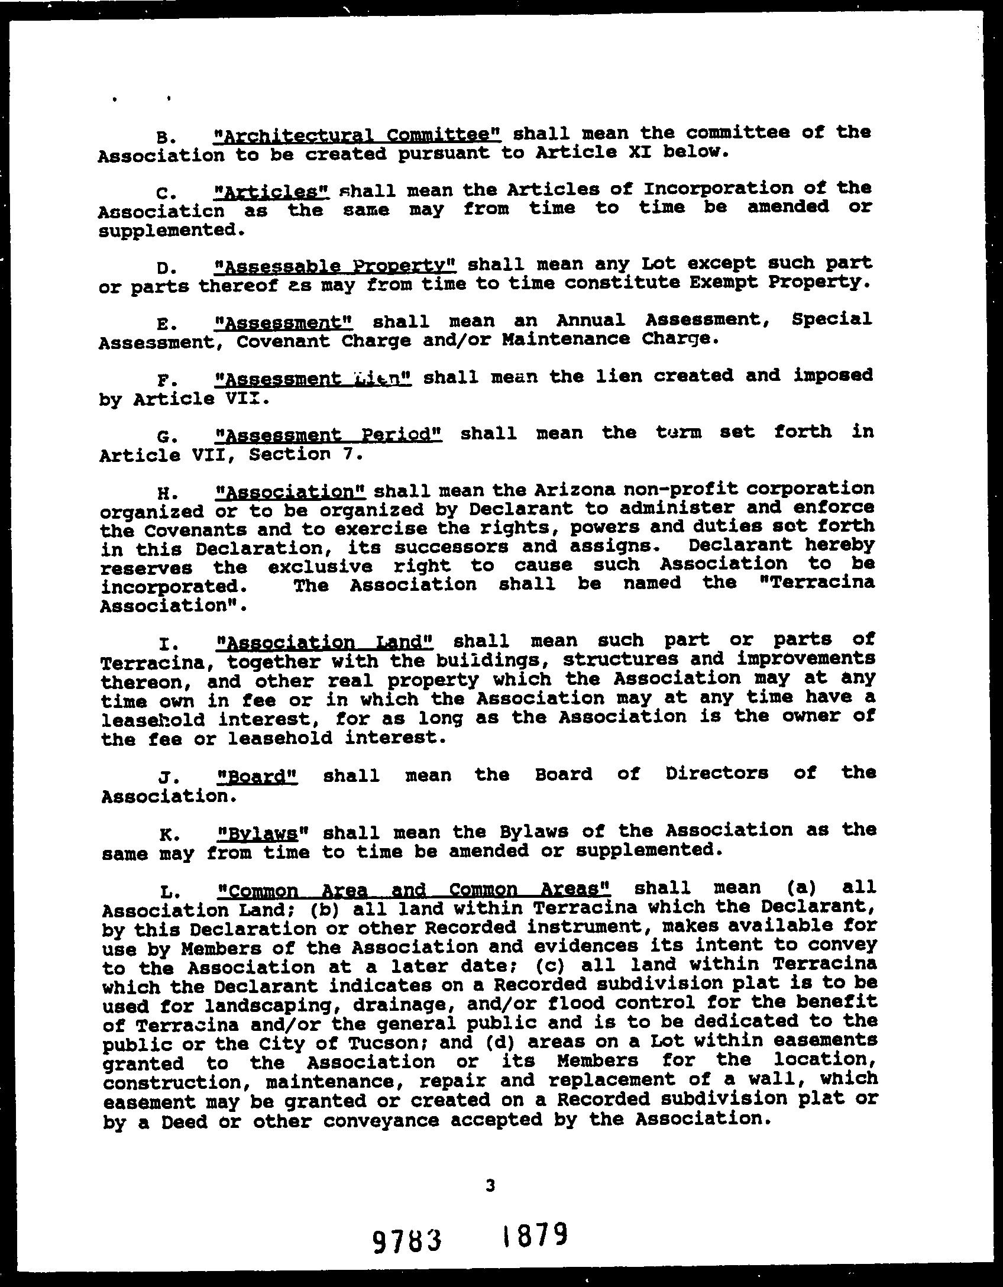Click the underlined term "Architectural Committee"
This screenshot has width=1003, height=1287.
(357, 134)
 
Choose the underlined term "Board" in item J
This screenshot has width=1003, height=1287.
(257, 775)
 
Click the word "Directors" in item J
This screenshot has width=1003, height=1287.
(716, 774)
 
